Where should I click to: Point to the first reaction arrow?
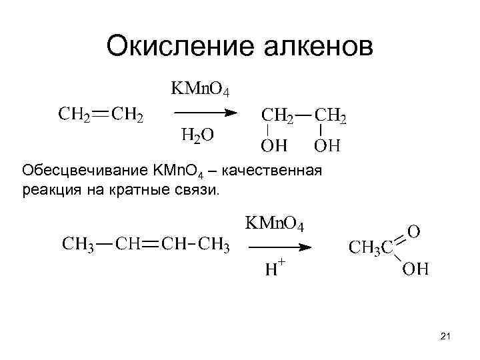[204, 113]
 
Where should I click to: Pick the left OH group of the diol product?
[274, 144]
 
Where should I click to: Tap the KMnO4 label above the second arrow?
[275, 223]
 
